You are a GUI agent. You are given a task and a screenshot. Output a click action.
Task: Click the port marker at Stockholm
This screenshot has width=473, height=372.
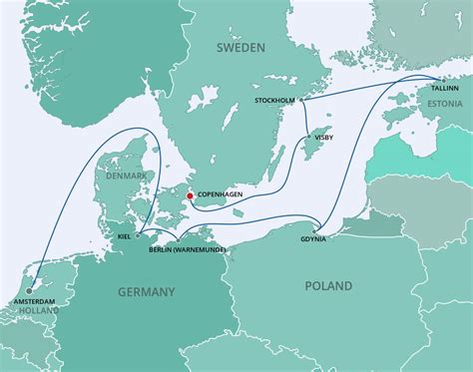pyautogui.click(x=303, y=99)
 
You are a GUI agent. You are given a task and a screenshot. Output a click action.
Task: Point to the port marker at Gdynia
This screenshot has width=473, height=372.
pyautogui.click(x=326, y=228)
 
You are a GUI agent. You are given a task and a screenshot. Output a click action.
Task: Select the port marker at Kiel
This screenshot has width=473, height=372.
pyautogui.click(x=138, y=236)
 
